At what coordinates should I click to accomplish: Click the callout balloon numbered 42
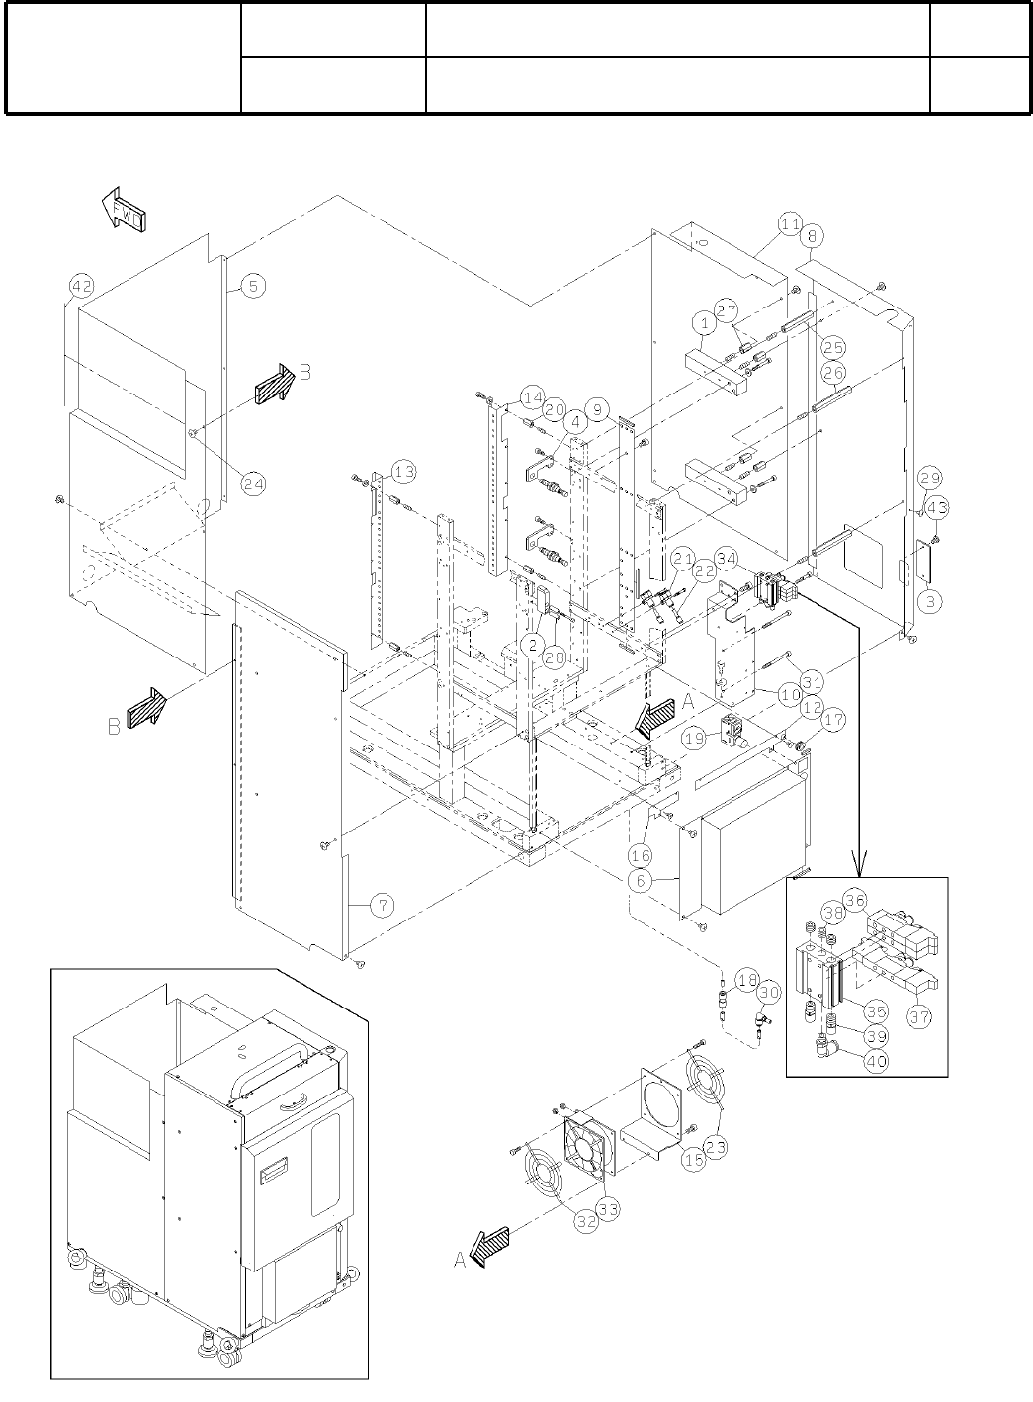pos(81,287)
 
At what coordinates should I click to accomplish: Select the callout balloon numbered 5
pos(252,286)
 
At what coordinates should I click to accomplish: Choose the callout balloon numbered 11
pos(789,224)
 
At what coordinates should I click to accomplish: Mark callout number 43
pos(937,507)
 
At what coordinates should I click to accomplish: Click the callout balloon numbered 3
pos(933,600)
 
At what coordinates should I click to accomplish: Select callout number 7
pos(383,903)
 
